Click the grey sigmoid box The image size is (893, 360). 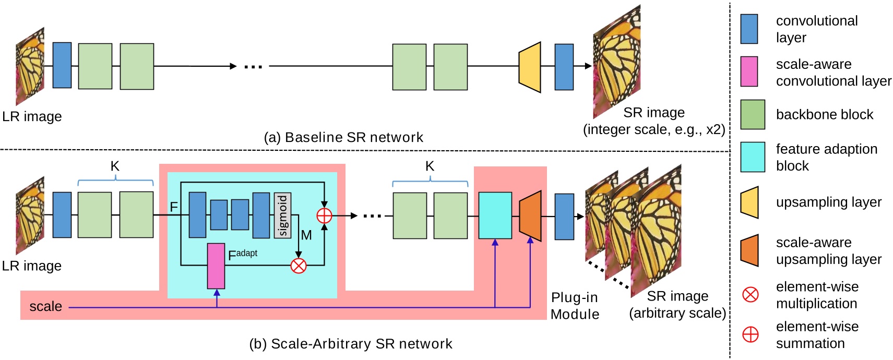pos(282,215)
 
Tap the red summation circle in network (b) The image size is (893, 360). pos(324,215)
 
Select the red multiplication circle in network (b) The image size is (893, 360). pos(298,266)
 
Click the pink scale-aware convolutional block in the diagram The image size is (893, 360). pos(216,266)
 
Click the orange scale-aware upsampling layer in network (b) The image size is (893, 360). pos(530,216)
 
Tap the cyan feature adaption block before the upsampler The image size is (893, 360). pos(495,215)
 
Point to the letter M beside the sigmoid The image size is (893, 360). pos(306,235)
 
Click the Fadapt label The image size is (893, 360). pos(242,255)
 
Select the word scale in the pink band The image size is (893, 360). pos(45,306)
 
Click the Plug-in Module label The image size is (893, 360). pos(575,306)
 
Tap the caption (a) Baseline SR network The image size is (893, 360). pos(343,137)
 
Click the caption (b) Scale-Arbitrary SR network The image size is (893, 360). pos(351,344)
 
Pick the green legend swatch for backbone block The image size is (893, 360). pos(752,115)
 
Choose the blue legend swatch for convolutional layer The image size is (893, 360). pos(749,29)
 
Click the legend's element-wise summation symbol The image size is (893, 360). pos(750,334)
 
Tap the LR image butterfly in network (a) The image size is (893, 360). pos(30,66)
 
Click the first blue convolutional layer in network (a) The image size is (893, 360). pos(62,65)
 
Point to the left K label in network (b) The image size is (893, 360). pos(115,166)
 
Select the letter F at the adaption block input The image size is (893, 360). pos(174,207)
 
